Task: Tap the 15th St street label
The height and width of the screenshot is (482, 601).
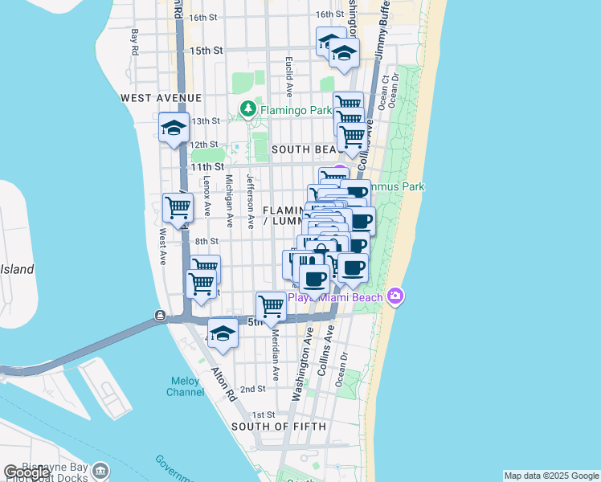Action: click(206, 51)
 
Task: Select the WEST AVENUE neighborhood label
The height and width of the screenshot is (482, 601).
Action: click(161, 98)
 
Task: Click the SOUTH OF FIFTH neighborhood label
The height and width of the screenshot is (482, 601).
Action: click(279, 427)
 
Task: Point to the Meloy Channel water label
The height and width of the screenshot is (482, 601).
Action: click(185, 386)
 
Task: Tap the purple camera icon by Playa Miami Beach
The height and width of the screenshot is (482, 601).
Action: click(395, 297)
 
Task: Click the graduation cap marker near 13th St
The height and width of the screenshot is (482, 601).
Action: click(174, 129)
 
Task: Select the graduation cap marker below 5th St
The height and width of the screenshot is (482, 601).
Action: click(223, 333)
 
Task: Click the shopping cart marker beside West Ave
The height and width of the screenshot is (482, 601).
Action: click(178, 208)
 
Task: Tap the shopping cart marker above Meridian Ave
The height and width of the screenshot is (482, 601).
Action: click(271, 306)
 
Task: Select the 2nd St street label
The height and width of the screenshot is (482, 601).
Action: click(252, 389)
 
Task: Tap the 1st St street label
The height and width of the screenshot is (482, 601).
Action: click(252, 414)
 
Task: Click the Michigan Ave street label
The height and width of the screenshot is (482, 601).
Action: click(229, 201)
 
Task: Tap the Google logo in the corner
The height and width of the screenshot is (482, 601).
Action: click(27, 472)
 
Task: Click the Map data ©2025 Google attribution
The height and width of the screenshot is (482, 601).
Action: click(551, 476)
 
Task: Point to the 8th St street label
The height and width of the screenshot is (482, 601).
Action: click(206, 241)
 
